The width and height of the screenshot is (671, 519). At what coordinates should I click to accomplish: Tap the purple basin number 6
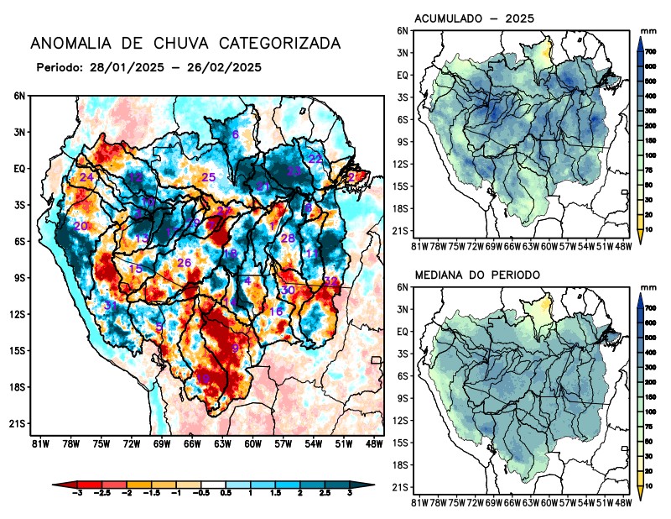236,134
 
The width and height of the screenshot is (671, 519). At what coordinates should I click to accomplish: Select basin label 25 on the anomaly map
209,177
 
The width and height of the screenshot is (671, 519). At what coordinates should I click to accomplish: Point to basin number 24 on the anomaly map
86,177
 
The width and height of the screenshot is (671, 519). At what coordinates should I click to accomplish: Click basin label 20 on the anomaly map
81,227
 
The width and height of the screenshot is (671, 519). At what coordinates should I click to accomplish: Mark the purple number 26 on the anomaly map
185,263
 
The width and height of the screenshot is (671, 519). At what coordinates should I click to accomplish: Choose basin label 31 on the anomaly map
110,305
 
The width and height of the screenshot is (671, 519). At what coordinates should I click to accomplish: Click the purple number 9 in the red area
236,348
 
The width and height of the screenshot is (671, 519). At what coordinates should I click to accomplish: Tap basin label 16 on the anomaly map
276,312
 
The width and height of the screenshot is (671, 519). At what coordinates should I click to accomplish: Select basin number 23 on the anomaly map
294,171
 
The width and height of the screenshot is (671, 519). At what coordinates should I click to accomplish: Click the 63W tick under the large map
221,443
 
